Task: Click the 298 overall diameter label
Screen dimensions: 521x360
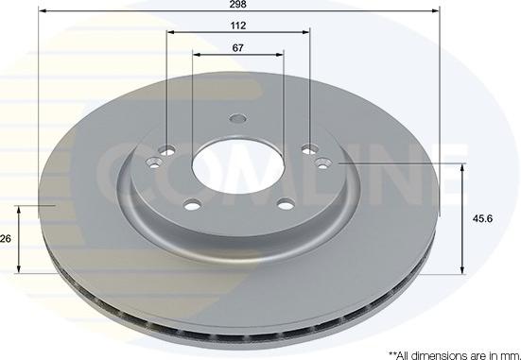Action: (x=238, y=5)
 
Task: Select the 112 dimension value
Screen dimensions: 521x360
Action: (x=238, y=26)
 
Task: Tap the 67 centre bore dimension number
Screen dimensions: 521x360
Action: (x=237, y=48)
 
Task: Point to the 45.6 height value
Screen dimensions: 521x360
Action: (x=483, y=219)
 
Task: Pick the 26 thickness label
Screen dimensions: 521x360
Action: (x=6, y=239)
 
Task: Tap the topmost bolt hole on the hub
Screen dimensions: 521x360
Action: (x=238, y=118)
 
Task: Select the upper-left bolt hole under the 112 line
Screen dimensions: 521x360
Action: (x=166, y=150)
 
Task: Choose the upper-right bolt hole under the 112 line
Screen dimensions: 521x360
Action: (x=310, y=149)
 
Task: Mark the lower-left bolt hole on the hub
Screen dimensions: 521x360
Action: (x=193, y=204)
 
